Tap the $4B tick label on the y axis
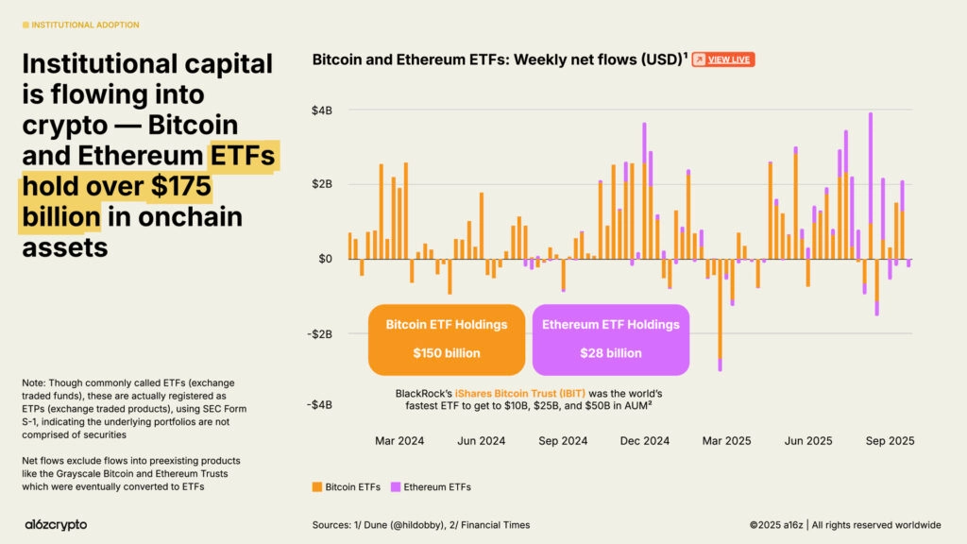click(322, 110)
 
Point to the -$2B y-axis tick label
click(320, 333)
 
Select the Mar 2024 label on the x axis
click(399, 441)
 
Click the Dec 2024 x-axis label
click(646, 441)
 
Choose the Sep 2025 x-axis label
click(890, 441)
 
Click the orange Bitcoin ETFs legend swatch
click(317, 487)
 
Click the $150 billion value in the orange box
click(446, 353)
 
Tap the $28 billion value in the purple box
click(610, 353)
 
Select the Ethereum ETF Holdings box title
click(610, 325)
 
